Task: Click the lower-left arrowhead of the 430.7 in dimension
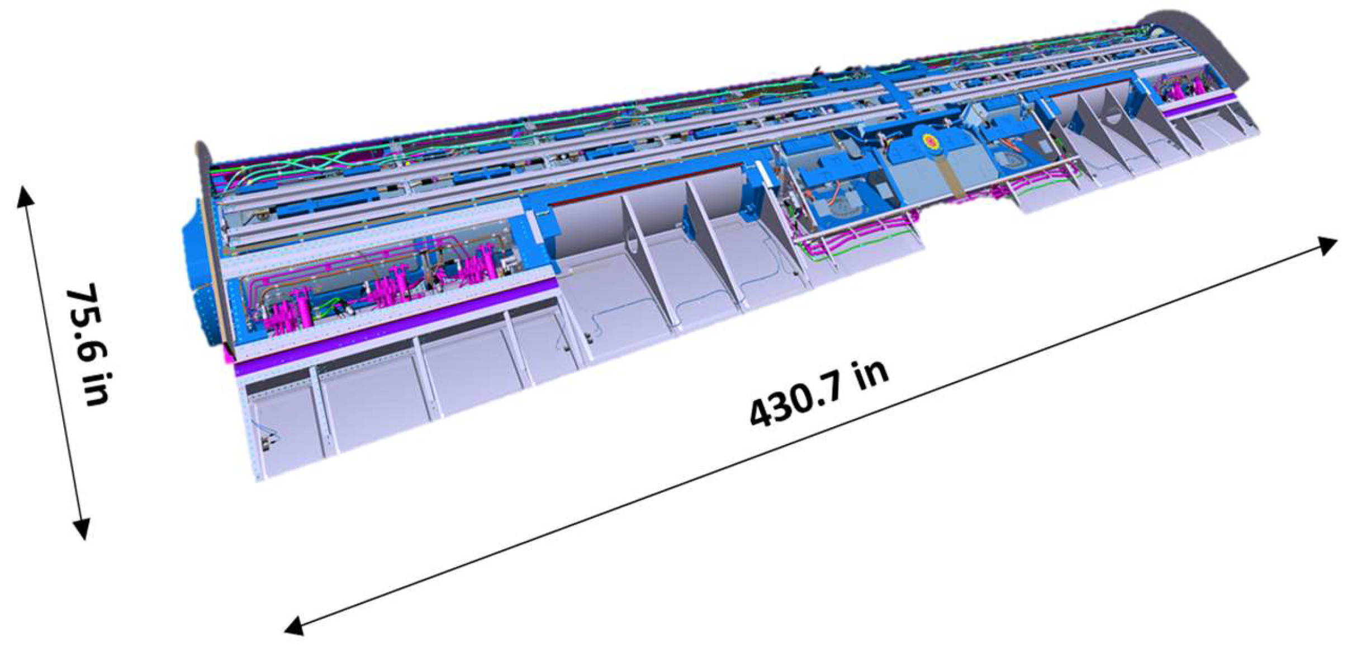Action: tap(294, 627)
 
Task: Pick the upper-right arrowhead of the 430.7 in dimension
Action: tap(1327, 244)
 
